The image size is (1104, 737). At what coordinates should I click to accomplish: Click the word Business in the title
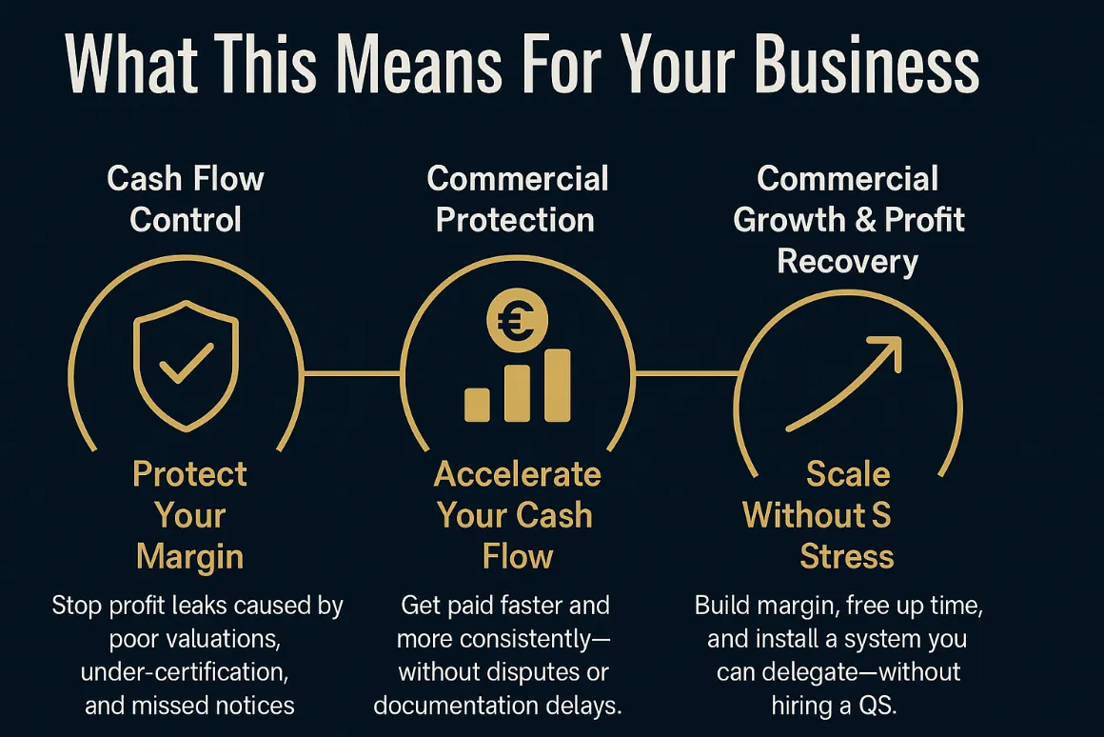click(867, 65)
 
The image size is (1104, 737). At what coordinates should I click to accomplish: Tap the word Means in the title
click(418, 65)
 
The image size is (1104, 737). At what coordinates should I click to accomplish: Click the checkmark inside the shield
click(187, 363)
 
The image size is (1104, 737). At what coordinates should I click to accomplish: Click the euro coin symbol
click(517, 321)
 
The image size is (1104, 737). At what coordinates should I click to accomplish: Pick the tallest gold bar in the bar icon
click(557, 386)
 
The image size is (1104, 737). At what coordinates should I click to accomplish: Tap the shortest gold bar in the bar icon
click(477, 405)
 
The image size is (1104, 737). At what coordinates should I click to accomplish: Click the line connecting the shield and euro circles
click(352, 373)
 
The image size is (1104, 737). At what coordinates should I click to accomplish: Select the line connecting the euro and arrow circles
click(686, 373)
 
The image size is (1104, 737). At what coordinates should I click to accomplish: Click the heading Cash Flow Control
click(186, 199)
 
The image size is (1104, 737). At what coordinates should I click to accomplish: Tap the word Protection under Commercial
click(516, 220)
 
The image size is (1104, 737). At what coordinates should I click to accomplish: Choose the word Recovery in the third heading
click(848, 262)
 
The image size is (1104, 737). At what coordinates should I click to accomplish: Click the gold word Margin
click(190, 557)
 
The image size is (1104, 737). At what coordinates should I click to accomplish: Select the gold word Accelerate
click(518, 474)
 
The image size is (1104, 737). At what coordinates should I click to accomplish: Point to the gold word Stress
click(847, 556)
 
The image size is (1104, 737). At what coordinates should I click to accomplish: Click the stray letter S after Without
click(881, 515)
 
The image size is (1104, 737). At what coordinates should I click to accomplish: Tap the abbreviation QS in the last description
click(877, 705)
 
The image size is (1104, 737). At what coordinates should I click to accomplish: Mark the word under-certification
click(185, 671)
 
